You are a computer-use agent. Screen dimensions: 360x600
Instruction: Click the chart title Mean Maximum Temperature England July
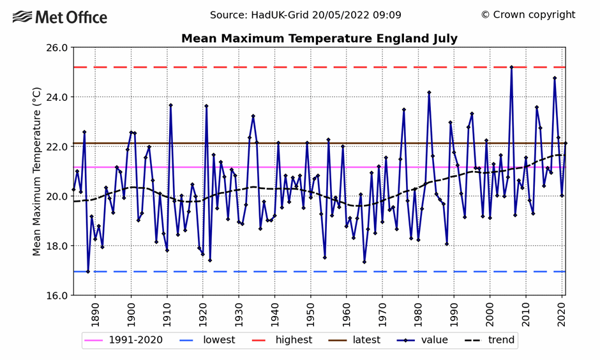pyautogui.click(x=319, y=38)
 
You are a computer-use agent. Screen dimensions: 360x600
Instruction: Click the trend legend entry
pyautogui.click(x=489, y=340)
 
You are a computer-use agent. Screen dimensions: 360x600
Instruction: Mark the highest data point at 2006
pyautogui.click(x=511, y=67)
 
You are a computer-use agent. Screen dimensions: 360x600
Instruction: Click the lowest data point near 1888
pyautogui.click(x=88, y=271)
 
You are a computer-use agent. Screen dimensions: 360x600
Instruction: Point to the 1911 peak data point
pyautogui.click(x=170, y=105)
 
